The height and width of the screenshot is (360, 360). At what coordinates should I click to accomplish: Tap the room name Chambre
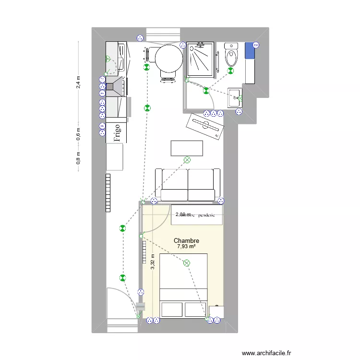(186, 240)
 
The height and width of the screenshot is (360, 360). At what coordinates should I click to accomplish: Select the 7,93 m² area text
(186, 247)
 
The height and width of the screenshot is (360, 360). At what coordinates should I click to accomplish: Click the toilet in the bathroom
(231, 56)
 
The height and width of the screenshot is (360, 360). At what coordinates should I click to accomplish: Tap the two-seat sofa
(187, 185)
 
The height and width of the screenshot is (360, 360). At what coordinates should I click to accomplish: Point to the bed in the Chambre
(184, 286)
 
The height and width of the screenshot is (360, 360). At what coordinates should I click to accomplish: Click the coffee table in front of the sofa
(187, 148)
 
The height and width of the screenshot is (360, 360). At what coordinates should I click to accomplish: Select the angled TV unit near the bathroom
(205, 126)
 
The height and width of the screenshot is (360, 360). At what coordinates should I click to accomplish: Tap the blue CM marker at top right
(255, 45)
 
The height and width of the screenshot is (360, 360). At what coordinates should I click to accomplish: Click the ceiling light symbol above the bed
(186, 263)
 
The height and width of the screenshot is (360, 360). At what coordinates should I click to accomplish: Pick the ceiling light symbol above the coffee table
(187, 160)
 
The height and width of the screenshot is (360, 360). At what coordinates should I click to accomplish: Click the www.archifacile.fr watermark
(266, 353)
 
